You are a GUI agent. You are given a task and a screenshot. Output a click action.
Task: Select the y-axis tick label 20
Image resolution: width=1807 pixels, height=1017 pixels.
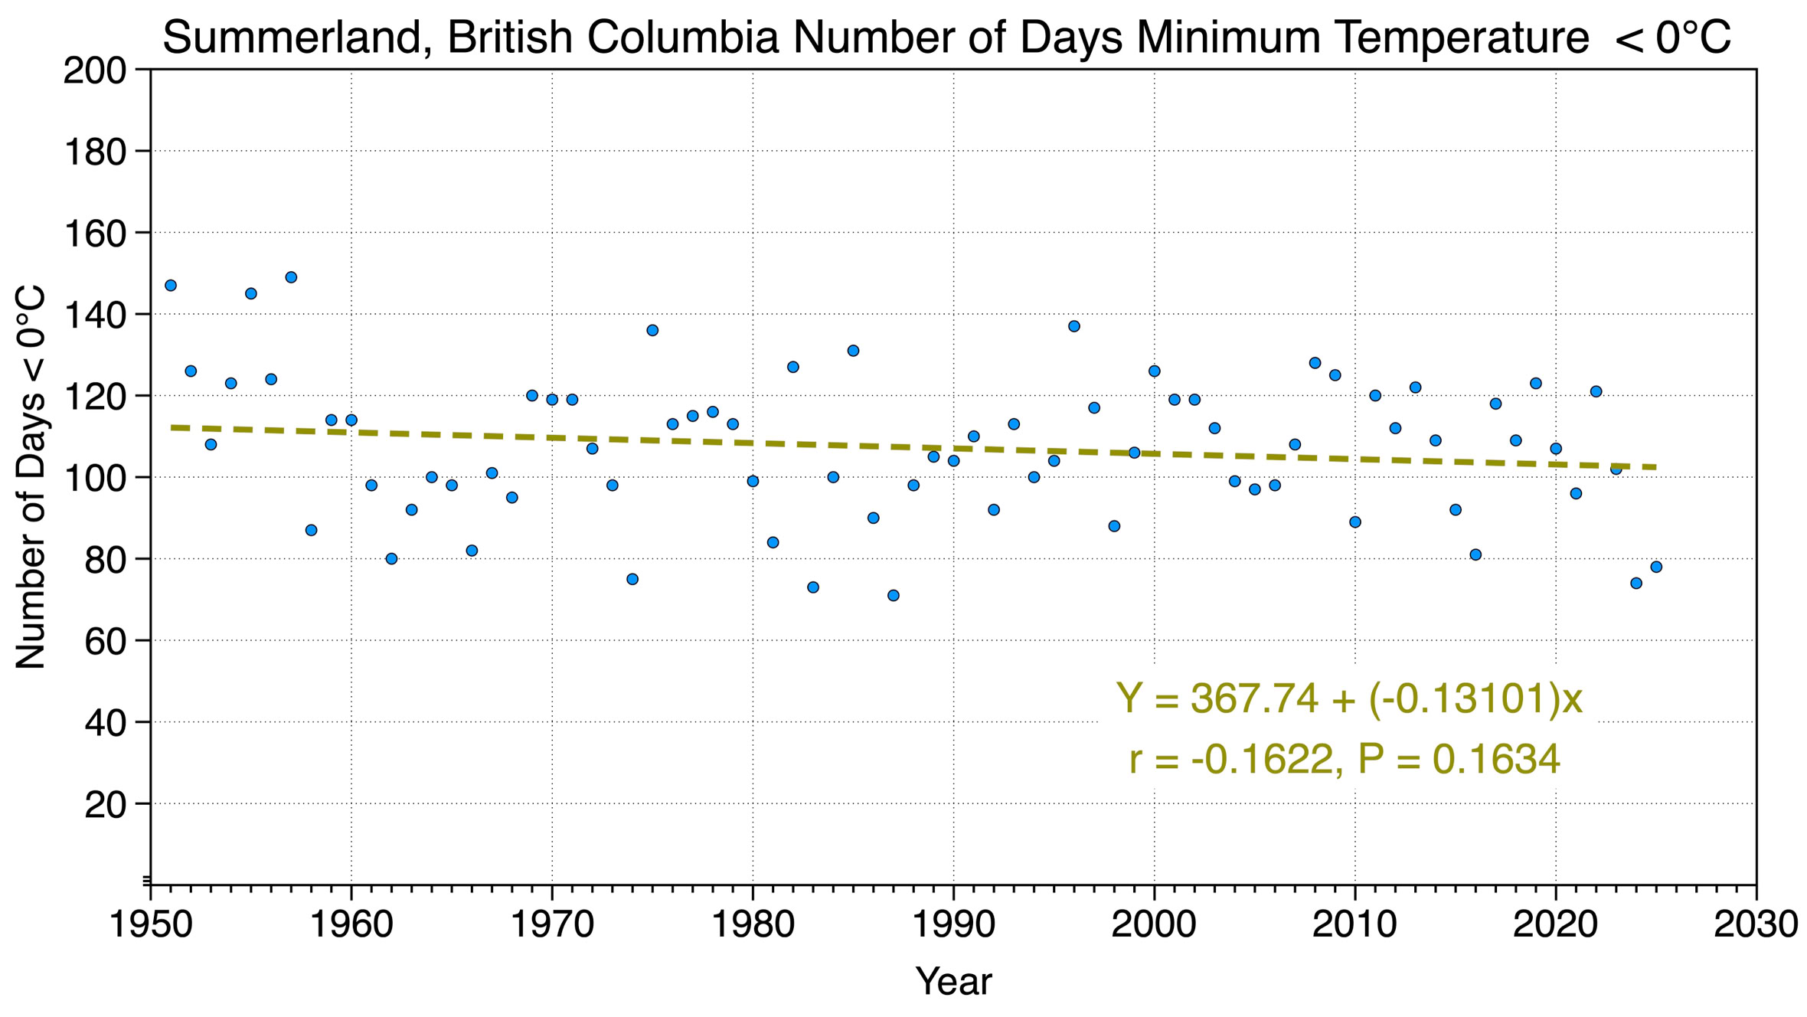pyautogui.click(x=106, y=805)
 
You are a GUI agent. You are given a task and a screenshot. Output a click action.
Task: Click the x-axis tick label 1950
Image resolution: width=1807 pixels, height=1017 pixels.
pyautogui.click(x=151, y=924)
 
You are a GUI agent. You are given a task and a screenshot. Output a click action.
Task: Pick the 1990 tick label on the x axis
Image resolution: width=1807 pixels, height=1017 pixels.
pyautogui.click(x=953, y=924)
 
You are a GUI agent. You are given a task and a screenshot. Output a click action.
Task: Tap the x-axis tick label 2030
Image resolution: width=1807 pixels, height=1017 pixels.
pyautogui.click(x=1756, y=924)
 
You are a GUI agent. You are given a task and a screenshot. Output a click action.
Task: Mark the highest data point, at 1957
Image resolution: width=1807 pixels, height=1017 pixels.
pyautogui.click(x=291, y=277)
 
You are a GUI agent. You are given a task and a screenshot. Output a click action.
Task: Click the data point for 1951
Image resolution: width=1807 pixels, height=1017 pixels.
pyautogui.click(x=171, y=286)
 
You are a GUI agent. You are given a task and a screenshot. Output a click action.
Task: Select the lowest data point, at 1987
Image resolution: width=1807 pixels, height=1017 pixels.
pyautogui.click(x=893, y=596)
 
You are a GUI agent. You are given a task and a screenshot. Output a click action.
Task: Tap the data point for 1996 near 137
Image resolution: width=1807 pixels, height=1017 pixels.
pyautogui.click(x=1073, y=326)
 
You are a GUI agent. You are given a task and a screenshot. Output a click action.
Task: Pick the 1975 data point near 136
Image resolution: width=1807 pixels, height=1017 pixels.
pyautogui.click(x=652, y=330)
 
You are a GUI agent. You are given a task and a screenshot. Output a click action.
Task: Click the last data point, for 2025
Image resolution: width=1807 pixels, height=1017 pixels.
pyautogui.click(x=1656, y=567)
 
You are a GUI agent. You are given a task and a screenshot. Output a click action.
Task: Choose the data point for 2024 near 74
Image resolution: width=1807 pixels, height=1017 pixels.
pyautogui.click(x=1636, y=584)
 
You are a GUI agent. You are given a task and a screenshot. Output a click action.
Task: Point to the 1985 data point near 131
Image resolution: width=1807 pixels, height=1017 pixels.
pyautogui.click(x=853, y=351)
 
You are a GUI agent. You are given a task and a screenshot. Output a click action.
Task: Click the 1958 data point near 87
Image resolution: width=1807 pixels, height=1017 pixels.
pyautogui.click(x=311, y=531)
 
